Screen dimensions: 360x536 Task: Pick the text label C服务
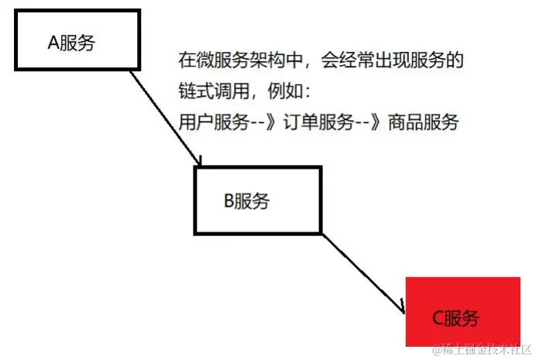tap(455, 318)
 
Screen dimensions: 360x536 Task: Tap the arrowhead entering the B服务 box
tap(199, 161)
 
